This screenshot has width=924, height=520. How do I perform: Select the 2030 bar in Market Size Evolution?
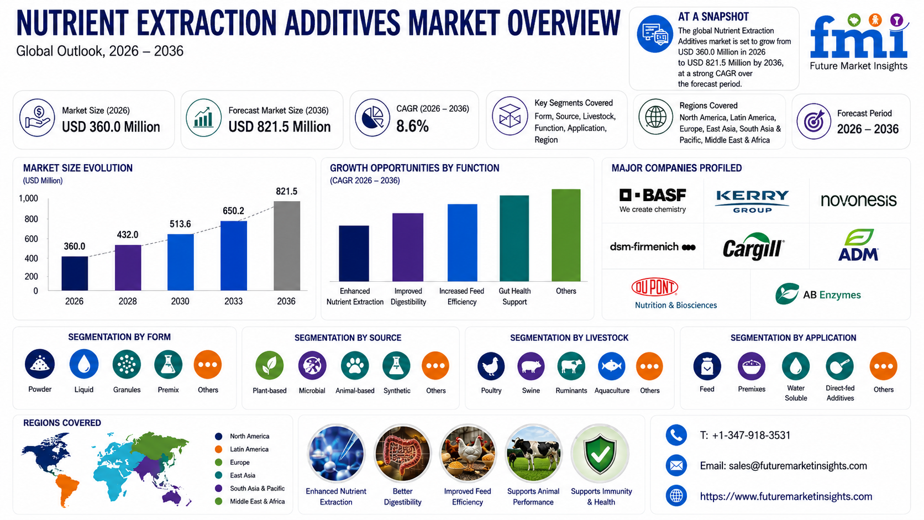coord(180,262)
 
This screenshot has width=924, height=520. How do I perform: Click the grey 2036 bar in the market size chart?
coord(287,246)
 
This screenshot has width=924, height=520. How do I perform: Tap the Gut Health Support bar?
coord(514,238)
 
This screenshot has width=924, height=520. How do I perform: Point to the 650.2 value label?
coord(233,211)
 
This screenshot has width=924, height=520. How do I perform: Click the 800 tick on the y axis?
coord(32,219)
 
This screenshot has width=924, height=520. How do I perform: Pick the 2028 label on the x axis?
coord(128,301)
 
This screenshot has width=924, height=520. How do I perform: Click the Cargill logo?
coord(754,246)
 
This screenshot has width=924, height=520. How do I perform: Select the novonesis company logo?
coord(858,200)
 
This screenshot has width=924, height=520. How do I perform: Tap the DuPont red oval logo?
coord(655,287)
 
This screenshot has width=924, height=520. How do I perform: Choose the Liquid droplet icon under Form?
coord(84,364)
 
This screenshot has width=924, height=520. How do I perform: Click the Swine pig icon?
coord(531,366)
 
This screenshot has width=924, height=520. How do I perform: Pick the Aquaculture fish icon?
coord(612,366)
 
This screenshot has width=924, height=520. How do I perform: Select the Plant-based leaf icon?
coord(269,365)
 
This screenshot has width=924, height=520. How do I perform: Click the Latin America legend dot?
coord(219,449)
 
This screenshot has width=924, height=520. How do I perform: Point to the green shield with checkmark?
coord(600,454)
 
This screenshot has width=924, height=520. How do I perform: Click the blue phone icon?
coord(676,435)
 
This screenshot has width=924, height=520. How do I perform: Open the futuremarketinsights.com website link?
coord(786,496)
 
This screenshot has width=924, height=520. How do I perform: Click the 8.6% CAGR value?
coord(412,127)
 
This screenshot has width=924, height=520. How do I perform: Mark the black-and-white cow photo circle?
coord(533,453)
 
